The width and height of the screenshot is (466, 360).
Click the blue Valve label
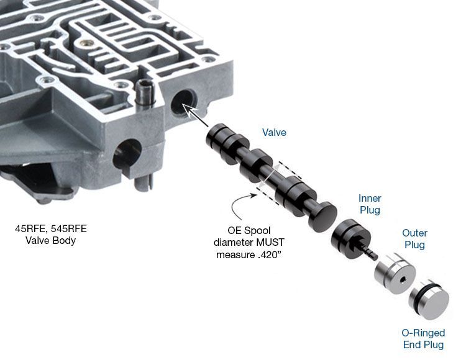point(274,132)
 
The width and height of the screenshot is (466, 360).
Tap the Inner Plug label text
point(370,204)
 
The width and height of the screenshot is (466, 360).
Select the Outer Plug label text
point(414,239)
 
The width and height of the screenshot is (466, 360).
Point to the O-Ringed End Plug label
point(423,339)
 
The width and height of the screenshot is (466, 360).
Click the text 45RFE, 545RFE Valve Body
point(51,235)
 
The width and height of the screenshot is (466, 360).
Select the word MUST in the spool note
point(270,243)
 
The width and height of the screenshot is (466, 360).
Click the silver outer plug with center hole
point(395,273)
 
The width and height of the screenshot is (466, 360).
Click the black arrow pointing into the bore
point(195,115)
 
